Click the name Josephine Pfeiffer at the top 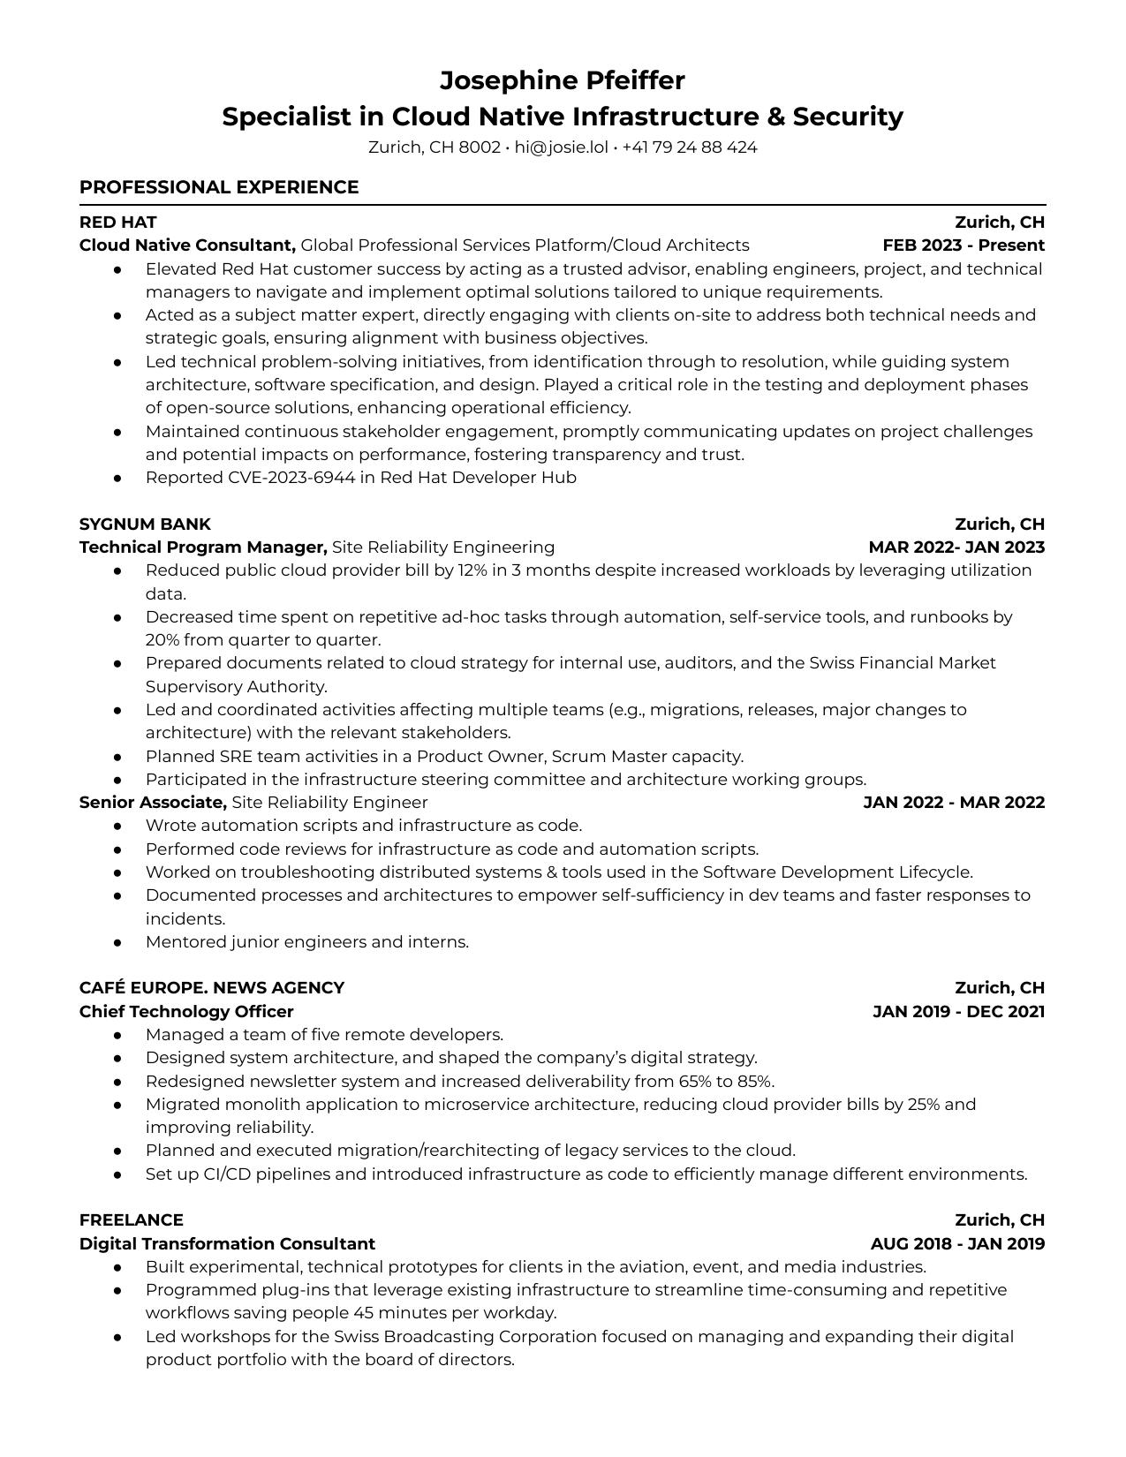click(x=563, y=80)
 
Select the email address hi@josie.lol click(x=561, y=147)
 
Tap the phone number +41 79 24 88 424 click(x=689, y=147)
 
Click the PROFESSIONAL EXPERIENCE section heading click(x=219, y=187)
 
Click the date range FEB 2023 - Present click(x=963, y=245)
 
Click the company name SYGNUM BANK click(x=145, y=524)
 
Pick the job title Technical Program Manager click(x=203, y=547)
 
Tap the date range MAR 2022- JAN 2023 click(x=956, y=547)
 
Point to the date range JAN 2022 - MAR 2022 click(x=953, y=803)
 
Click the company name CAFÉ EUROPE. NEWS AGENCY click(x=212, y=988)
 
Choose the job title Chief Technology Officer click(x=186, y=1012)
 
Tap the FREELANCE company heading click(x=132, y=1220)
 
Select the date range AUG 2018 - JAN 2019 click(x=957, y=1244)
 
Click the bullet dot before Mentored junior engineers click(x=117, y=943)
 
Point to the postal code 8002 click(x=480, y=147)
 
